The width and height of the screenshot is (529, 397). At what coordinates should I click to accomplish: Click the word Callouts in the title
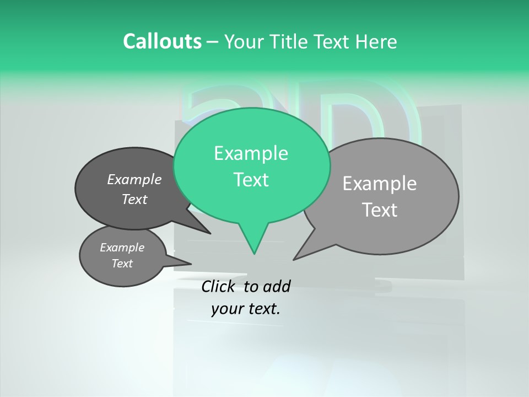pos(162,41)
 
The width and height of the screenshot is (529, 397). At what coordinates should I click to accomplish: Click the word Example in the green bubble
pos(251,153)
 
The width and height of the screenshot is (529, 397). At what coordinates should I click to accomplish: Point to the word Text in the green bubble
pos(251,180)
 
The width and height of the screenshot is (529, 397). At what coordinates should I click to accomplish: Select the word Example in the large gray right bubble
pos(380,184)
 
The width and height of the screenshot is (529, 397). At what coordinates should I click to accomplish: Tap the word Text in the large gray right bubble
pos(380,210)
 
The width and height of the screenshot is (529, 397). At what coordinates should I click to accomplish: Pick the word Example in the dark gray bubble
pos(134,179)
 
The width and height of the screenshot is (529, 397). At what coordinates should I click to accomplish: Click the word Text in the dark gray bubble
pos(134,199)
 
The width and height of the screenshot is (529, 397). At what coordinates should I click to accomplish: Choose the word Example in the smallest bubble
pos(122,248)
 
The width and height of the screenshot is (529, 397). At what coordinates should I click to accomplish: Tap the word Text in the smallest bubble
pos(122,264)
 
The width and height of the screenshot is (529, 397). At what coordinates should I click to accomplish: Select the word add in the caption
pos(277,286)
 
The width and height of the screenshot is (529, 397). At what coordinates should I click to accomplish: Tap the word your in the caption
pos(227,309)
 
